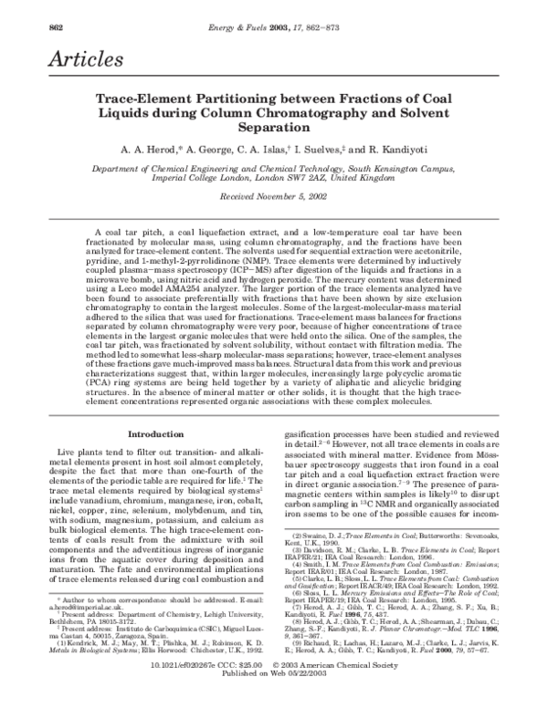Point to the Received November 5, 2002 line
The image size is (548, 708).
pos(273,198)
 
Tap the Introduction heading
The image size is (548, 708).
pos(156,408)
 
